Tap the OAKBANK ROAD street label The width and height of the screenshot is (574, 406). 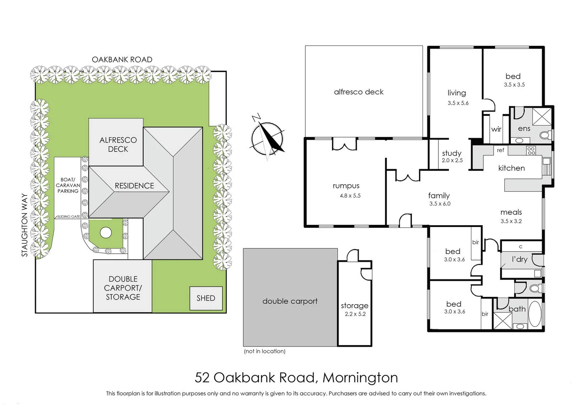(122, 60)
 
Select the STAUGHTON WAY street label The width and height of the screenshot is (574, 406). (25, 225)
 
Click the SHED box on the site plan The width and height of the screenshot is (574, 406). (206, 298)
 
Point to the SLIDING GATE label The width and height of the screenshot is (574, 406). (68, 217)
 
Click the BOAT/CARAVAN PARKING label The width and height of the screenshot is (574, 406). (68, 185)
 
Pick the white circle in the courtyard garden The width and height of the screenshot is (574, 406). (106, 233)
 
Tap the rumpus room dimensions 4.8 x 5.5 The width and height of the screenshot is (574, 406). (350, 196)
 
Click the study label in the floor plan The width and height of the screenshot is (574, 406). (451, 153)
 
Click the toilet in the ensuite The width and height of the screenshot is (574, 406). (544, 135)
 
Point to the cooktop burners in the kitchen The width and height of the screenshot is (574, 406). (531, 151)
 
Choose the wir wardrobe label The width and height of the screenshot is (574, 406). (496, 129)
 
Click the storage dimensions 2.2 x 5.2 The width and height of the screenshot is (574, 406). (355, 314)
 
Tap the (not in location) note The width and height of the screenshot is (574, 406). (265, 351)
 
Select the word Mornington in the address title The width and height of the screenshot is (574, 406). (360, 377)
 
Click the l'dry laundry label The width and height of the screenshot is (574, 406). (519, 259)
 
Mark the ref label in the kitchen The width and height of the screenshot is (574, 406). (500, 150)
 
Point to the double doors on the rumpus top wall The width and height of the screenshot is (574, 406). (344, 144)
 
